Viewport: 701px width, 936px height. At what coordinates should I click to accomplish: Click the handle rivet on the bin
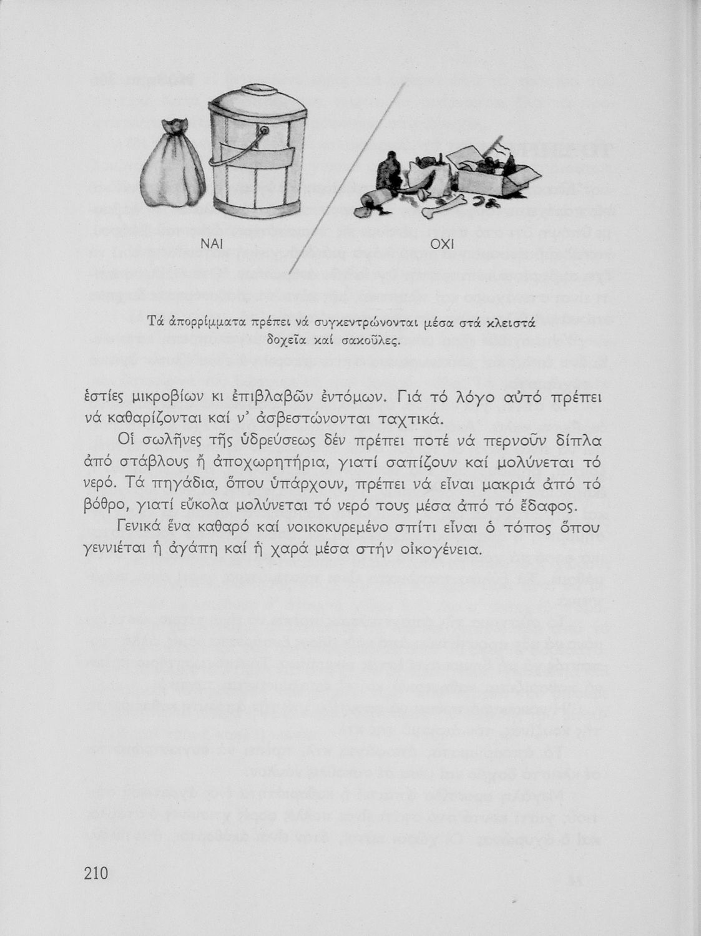(x=264, y=131)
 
